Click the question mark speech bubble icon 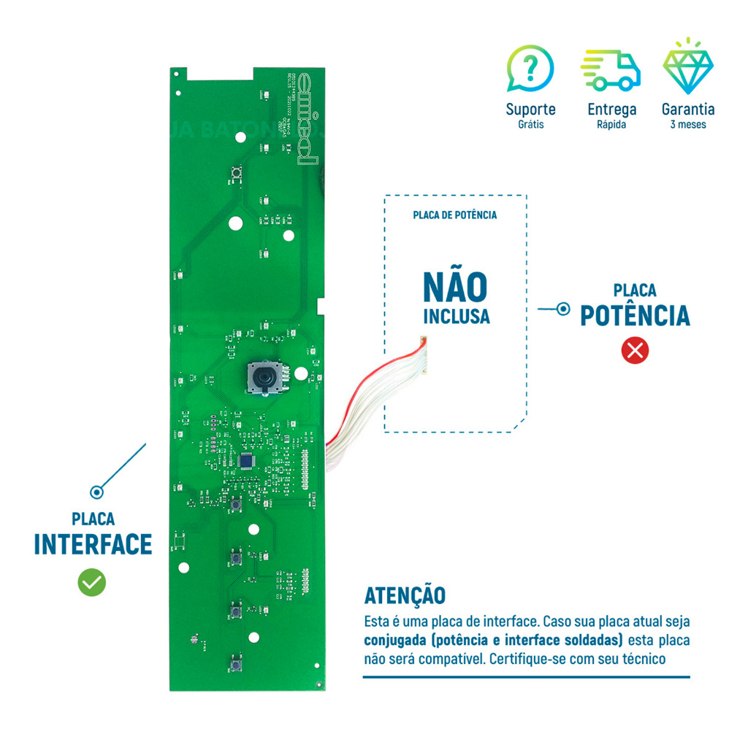530,69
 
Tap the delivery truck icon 611,70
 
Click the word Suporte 530,110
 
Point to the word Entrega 611,110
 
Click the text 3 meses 688,125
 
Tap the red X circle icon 634,351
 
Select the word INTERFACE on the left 93,545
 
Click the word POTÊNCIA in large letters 634,316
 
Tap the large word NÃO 455,288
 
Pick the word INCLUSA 455,318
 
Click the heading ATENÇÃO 404,595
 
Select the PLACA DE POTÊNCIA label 454,215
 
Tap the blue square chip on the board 247,461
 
